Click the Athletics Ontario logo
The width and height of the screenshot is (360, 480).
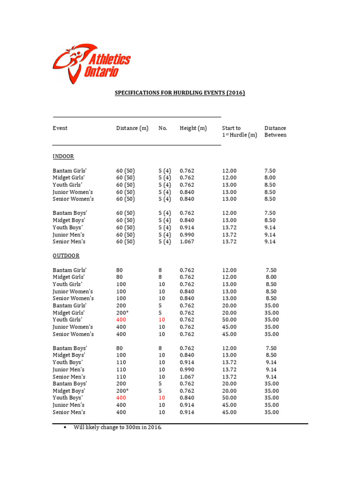tap(91, 64)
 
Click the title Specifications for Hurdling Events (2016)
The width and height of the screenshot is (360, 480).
tap(180, 93)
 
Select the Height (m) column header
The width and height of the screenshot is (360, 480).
tap(193, 128)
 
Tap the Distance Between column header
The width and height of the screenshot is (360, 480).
tap(275, 131)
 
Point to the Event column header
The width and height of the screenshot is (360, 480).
tap(60, 128)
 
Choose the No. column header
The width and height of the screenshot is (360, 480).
tap(163, 128)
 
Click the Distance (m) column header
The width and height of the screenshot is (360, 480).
tap(132, 128)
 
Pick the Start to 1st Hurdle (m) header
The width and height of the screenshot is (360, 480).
tap(239, 131)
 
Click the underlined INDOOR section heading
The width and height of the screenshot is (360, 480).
tap(63, 156)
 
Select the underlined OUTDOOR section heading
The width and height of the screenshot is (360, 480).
tap(66, 256)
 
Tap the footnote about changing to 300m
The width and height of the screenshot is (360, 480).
tap(117, 427)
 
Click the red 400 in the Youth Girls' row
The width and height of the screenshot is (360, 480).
tap(121, 320)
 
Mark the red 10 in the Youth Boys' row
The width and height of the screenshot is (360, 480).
tap(162, 398)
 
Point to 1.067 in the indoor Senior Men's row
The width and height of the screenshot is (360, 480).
tap(187, 242)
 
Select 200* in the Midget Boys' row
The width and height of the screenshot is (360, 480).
tap(122, 391)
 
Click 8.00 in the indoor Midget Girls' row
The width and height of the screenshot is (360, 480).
tap(270, 178)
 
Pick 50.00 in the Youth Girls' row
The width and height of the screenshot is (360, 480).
tap(229, 320)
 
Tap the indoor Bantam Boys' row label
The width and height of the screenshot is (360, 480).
tap(69, 213)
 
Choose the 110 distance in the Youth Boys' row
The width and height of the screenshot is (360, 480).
tap(121, 362)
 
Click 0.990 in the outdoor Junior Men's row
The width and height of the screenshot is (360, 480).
tap(187, 370)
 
